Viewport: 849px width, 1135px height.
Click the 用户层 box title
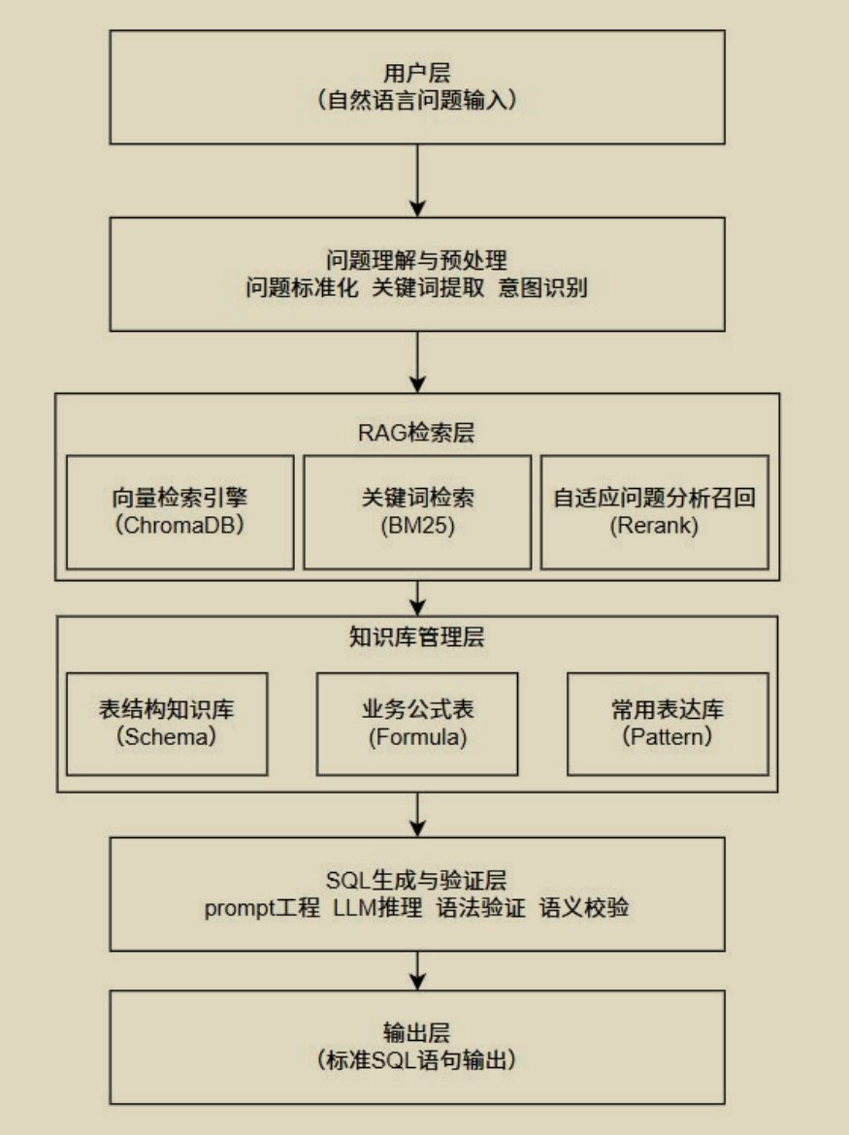tap(417, 73)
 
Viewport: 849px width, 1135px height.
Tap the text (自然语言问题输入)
tap(417, 100)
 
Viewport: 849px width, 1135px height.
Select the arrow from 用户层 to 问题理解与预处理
tap(417, 180)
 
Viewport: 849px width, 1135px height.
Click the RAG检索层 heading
tap(417, 433)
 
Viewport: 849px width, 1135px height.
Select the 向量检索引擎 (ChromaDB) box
tap(180, 511)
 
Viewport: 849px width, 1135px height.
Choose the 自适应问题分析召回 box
tap(655, 511)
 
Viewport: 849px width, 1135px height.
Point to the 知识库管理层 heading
tap(417, 637)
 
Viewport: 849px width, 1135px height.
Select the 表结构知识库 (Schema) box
tap(167, 723)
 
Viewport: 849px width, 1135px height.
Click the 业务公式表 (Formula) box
tap(417, 723)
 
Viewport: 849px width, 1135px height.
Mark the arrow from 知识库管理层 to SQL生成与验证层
tap(417, 815)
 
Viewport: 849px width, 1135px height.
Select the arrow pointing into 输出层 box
tap(417, 970)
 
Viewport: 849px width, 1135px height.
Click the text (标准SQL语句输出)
tap(417, 1060)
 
